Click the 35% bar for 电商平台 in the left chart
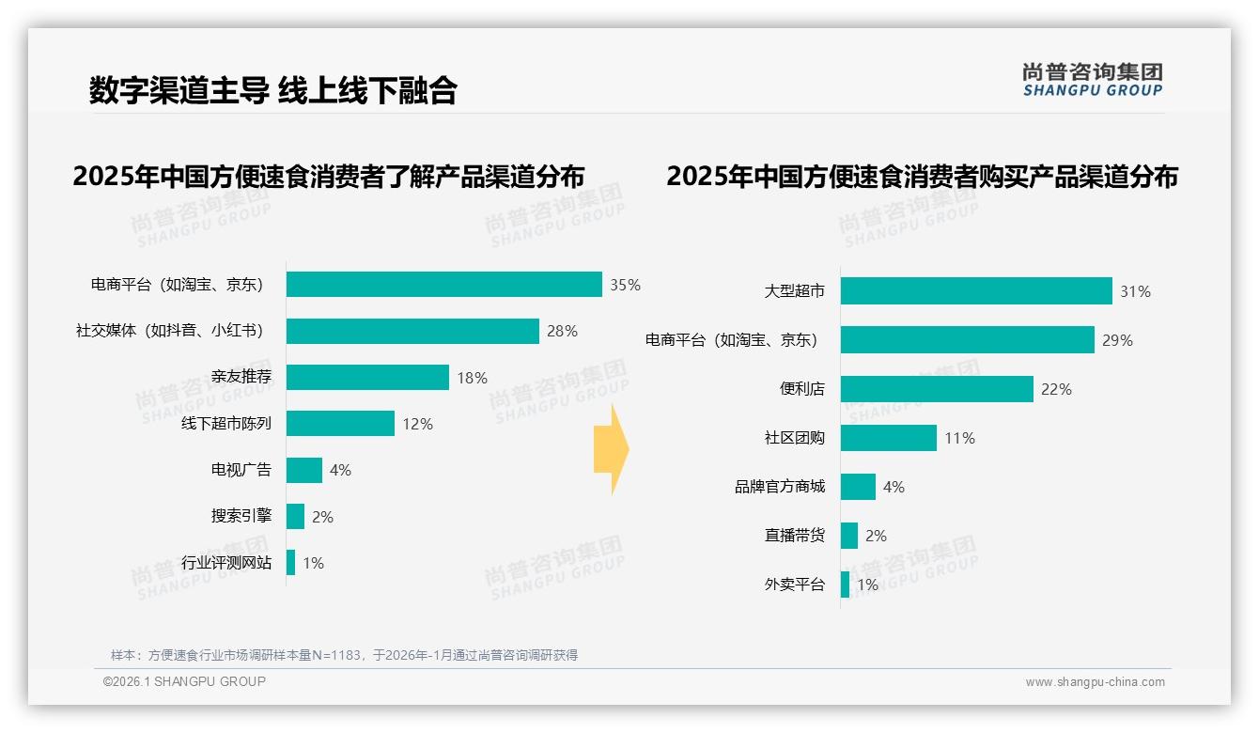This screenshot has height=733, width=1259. coord(443,285)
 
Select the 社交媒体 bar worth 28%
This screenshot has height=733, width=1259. coord(412,331)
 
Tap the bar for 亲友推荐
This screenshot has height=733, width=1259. coord(367,378)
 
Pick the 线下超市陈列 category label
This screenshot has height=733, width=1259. coord(226,424)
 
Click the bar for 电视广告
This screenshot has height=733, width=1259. coord(304,470)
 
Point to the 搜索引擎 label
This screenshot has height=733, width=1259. coord(241,517)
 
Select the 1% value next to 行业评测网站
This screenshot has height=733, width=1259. coord(313,563)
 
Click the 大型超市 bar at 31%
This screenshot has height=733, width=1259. coord(976,291)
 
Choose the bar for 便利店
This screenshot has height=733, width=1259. coord(937,389)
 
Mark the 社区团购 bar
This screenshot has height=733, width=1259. coord(889,438)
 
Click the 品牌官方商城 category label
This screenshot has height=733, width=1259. coord(780,487)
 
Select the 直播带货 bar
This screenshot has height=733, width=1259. coord(849,536)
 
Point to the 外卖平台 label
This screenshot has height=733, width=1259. coord(794,585)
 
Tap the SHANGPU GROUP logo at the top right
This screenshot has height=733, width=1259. coord(1092,79)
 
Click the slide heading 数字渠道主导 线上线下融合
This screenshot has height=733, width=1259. coord(272,90)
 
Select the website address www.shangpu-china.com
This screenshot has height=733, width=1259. coord(1095,682)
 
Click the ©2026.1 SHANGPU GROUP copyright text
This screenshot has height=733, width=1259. coord(184,681)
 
